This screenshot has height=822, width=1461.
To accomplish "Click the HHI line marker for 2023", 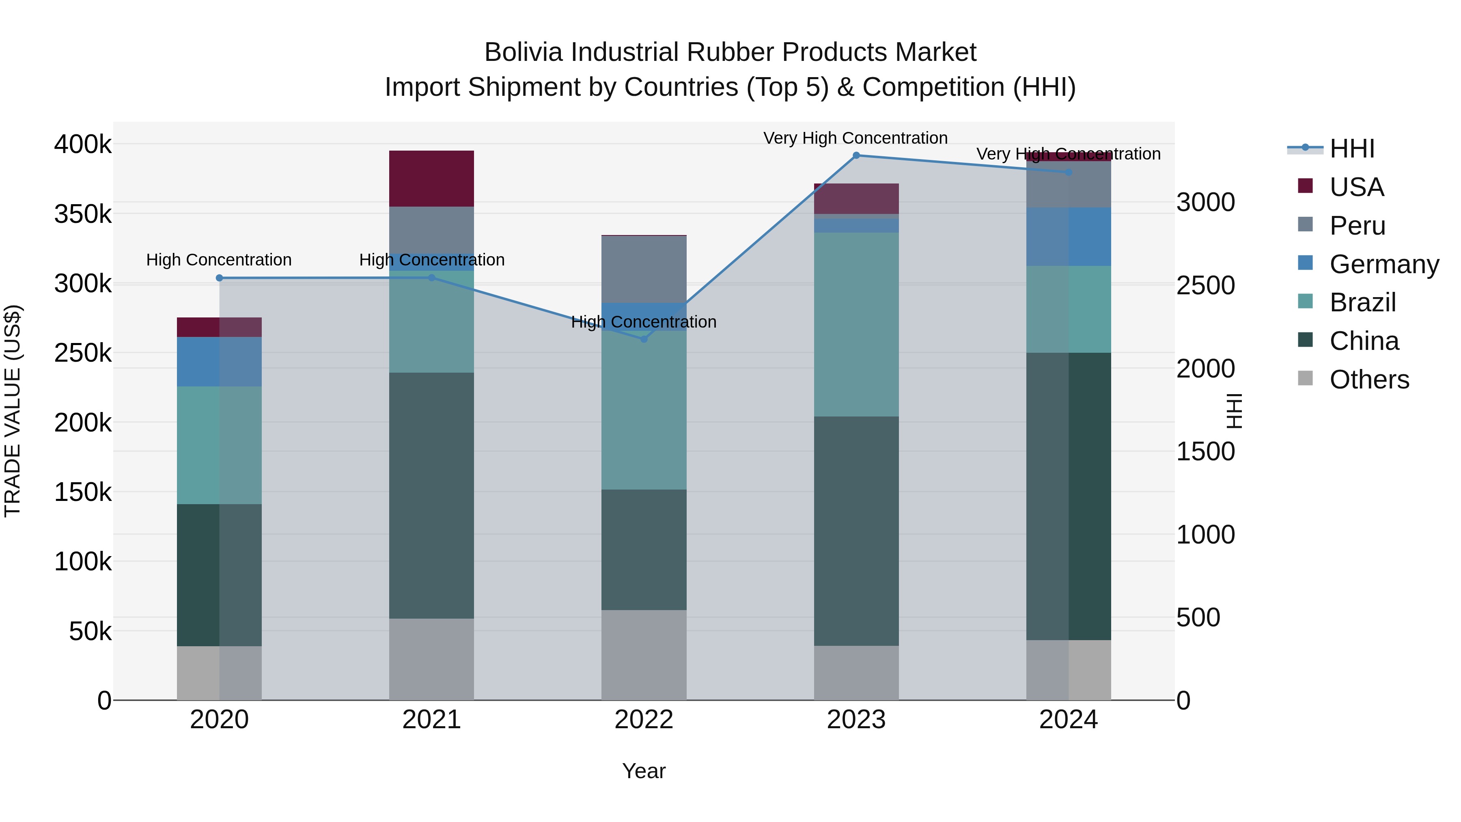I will click(x=856, y=155).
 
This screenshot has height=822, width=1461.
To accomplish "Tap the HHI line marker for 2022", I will click(x=644, y=339).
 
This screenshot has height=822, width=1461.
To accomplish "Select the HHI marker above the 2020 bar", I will click(x=220, y=278).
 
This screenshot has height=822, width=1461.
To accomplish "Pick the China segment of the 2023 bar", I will click(x=856, y=531).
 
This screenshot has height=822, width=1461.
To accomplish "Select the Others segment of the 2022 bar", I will click(x=644, y=655).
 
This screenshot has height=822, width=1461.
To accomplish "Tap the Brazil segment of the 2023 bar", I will click(x=856, y=324).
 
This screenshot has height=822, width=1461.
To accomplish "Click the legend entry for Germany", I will click(x=1384, y=264).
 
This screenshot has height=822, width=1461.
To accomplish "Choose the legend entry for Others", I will click(x=1369, y=380).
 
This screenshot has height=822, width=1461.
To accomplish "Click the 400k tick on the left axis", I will click(x=83, y=145).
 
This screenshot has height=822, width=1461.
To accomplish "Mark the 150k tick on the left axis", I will click(x=83, y=492).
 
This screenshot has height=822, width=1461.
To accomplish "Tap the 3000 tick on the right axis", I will click(x=1205, y=203).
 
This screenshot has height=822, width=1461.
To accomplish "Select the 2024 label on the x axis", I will click(x=1068, y=720).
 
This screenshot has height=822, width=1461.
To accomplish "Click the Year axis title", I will click(x=644, y=771).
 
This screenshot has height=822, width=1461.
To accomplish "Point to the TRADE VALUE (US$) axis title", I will click(x=13, y=411).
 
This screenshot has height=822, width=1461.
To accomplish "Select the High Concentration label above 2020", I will click(x=219, y=260).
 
